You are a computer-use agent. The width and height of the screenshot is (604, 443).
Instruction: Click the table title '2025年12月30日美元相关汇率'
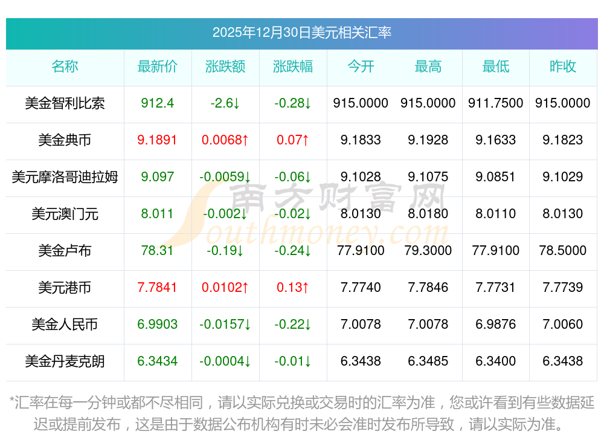click(301, 33)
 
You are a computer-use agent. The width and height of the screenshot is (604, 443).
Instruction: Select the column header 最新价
click(157, 66)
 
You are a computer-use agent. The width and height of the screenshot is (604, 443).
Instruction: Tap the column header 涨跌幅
click(292, 66)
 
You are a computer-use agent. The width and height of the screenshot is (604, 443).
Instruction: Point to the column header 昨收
click(562, 66)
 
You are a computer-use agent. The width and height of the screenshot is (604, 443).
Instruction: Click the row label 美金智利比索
click(65, 103)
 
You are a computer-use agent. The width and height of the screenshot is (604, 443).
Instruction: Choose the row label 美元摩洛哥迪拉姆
click(65, 177)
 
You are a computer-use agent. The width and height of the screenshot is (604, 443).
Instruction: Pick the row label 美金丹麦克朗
click(65, 361)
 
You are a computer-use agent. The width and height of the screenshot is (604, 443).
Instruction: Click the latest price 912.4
click(157, 103)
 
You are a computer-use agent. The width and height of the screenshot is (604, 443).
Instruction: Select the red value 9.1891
click(157, 140)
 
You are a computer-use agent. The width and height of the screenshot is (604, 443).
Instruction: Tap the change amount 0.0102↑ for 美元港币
click(225, 288)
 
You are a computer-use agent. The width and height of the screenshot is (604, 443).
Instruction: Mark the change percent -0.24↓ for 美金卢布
click(292, 251)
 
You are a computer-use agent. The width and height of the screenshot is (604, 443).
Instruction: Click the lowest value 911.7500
click(495, 103)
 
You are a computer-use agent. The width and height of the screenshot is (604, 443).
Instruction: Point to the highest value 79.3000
click(428, 251)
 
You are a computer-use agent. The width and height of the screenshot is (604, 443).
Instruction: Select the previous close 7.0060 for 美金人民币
click(562, 325)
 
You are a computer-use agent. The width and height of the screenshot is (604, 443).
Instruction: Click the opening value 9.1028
click(361, 177)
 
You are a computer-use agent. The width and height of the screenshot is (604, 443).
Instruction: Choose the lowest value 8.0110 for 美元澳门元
click(495, 214)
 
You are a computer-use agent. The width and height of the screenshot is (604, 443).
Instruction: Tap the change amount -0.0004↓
click(225, 361)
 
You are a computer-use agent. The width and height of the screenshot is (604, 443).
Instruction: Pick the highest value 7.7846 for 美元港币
click(428, 288)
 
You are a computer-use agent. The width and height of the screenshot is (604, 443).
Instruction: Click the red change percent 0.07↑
click(292, 140)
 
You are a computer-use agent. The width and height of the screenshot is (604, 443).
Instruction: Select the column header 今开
click(361, 66)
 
